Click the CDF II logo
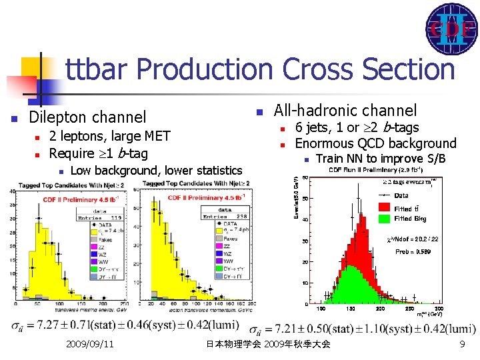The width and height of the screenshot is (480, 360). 451,29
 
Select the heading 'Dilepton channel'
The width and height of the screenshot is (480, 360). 87,117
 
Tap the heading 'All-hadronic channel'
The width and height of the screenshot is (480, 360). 345,111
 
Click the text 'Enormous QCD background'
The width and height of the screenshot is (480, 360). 375,143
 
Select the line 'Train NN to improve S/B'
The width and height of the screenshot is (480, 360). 378,159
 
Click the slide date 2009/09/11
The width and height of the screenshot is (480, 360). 90,344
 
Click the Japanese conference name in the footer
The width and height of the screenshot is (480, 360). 268,344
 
